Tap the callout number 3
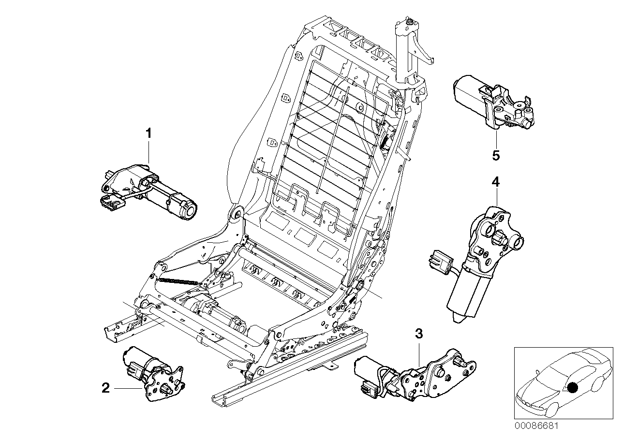419,334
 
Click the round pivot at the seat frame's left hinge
236,214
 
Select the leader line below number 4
496,198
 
